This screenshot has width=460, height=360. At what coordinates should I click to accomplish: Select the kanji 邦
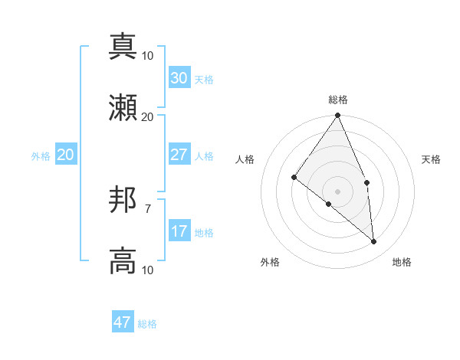click(x=123, y=201)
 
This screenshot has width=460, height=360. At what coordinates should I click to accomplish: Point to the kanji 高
click(x=123, y=261)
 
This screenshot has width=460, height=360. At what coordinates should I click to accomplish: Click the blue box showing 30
click(x=179, y=78)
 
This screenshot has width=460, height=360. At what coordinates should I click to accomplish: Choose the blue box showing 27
click(x=179, y=155)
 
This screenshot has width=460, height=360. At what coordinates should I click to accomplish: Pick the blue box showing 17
click(x=179, y=231)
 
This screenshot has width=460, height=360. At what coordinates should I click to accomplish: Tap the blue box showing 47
click(x=123, y=322)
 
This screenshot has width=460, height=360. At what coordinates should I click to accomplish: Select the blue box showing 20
click(x=65, y=155)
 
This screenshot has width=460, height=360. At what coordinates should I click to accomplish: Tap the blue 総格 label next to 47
click(x=147, y=324)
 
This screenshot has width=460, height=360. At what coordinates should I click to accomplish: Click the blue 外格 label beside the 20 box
click(x=41, y=156)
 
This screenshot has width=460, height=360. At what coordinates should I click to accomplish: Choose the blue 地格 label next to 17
click(x=204, y=233)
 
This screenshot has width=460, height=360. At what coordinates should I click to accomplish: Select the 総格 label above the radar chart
click(x=338, y=100)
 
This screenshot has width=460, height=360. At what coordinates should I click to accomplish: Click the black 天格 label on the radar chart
click(x=432, y=159)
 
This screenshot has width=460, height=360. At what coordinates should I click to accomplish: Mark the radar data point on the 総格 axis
click(x=338, y=116)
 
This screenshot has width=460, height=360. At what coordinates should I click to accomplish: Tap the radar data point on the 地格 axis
click(x=374, y=242)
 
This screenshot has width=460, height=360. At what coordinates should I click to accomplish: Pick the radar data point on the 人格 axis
click(x=294, y=177)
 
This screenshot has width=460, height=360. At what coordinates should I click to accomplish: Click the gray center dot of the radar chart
click(x=338, y=191)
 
